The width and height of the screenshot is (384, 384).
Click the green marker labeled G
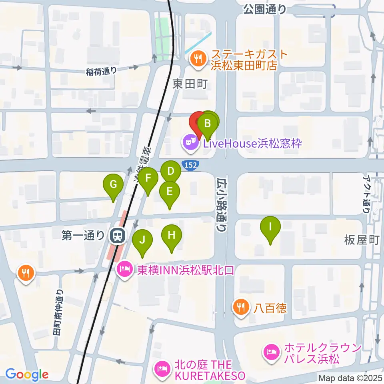113,185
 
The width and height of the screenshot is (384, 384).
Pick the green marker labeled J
142,240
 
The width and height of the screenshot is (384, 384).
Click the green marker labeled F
148,177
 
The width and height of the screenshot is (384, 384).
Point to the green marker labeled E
169,192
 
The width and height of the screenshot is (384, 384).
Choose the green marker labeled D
171,172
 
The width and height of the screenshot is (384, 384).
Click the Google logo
27,375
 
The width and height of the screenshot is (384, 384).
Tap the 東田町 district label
190,84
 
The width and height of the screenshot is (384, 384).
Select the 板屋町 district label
361,240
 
